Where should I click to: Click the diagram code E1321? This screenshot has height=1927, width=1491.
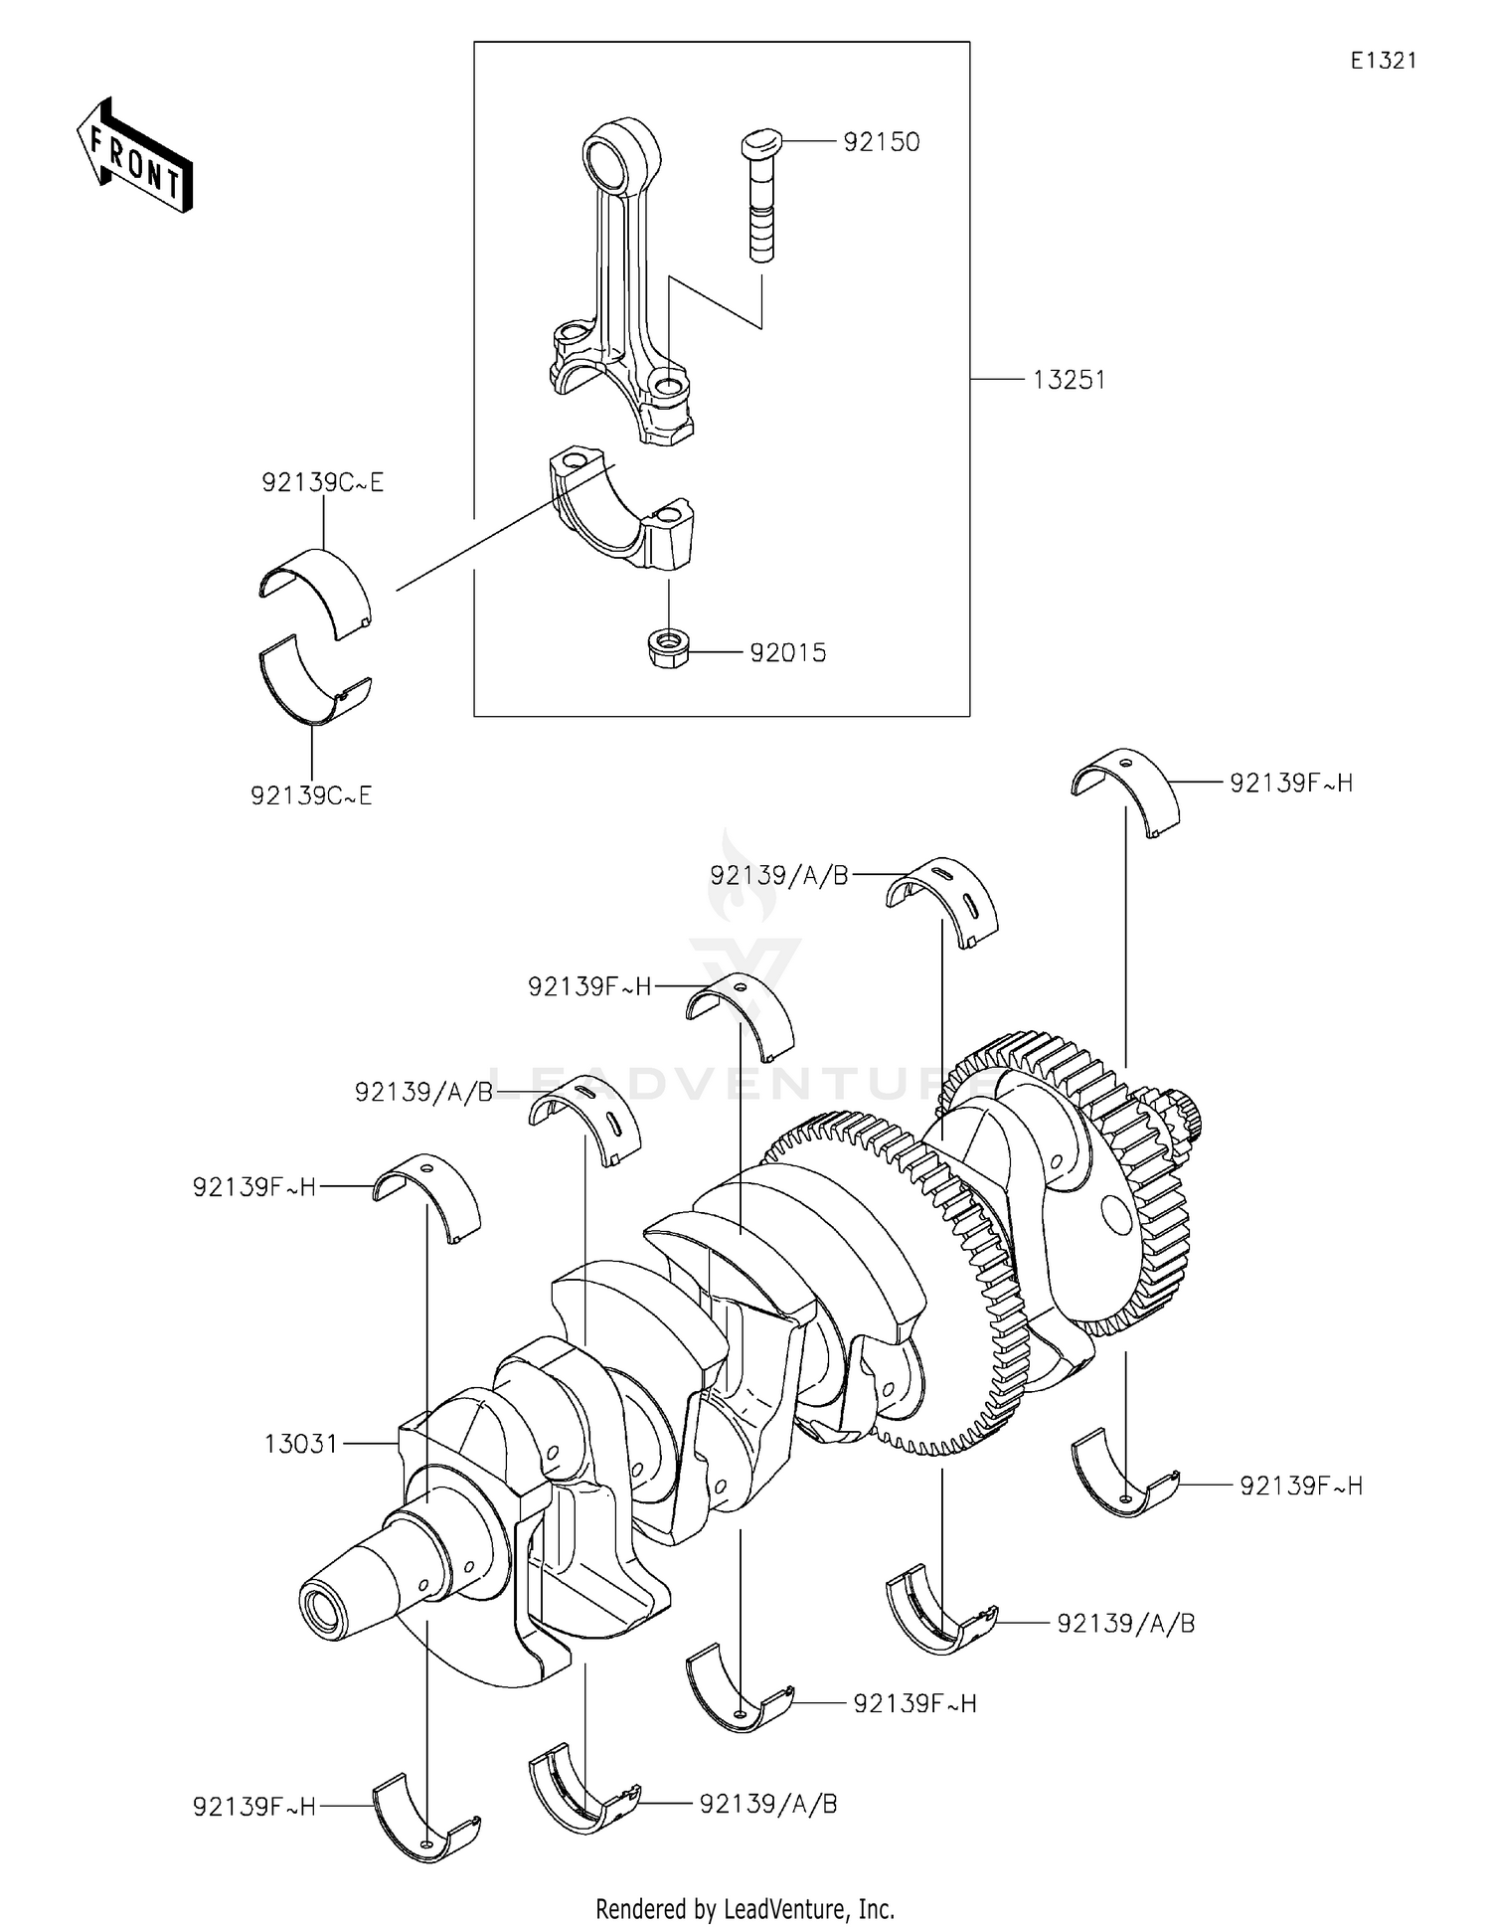click(1383, 61)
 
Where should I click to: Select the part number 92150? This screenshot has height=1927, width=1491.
click(881, 142)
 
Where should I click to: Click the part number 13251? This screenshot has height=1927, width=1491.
click(1069, 380)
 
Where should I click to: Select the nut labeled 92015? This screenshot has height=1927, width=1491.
click(663, 650)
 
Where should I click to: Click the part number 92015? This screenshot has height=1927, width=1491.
click(787, 653)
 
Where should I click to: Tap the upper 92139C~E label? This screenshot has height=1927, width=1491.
click(322, 483)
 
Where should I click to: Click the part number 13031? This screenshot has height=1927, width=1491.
click(301, 1444)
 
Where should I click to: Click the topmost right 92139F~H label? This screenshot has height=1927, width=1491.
click(1290, 784)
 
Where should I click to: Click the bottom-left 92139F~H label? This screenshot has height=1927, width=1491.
click(254, 1807)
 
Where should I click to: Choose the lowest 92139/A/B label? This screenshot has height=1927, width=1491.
click(767, 1804)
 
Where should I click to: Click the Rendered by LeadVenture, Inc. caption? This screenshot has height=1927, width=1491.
click(745, 1908)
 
